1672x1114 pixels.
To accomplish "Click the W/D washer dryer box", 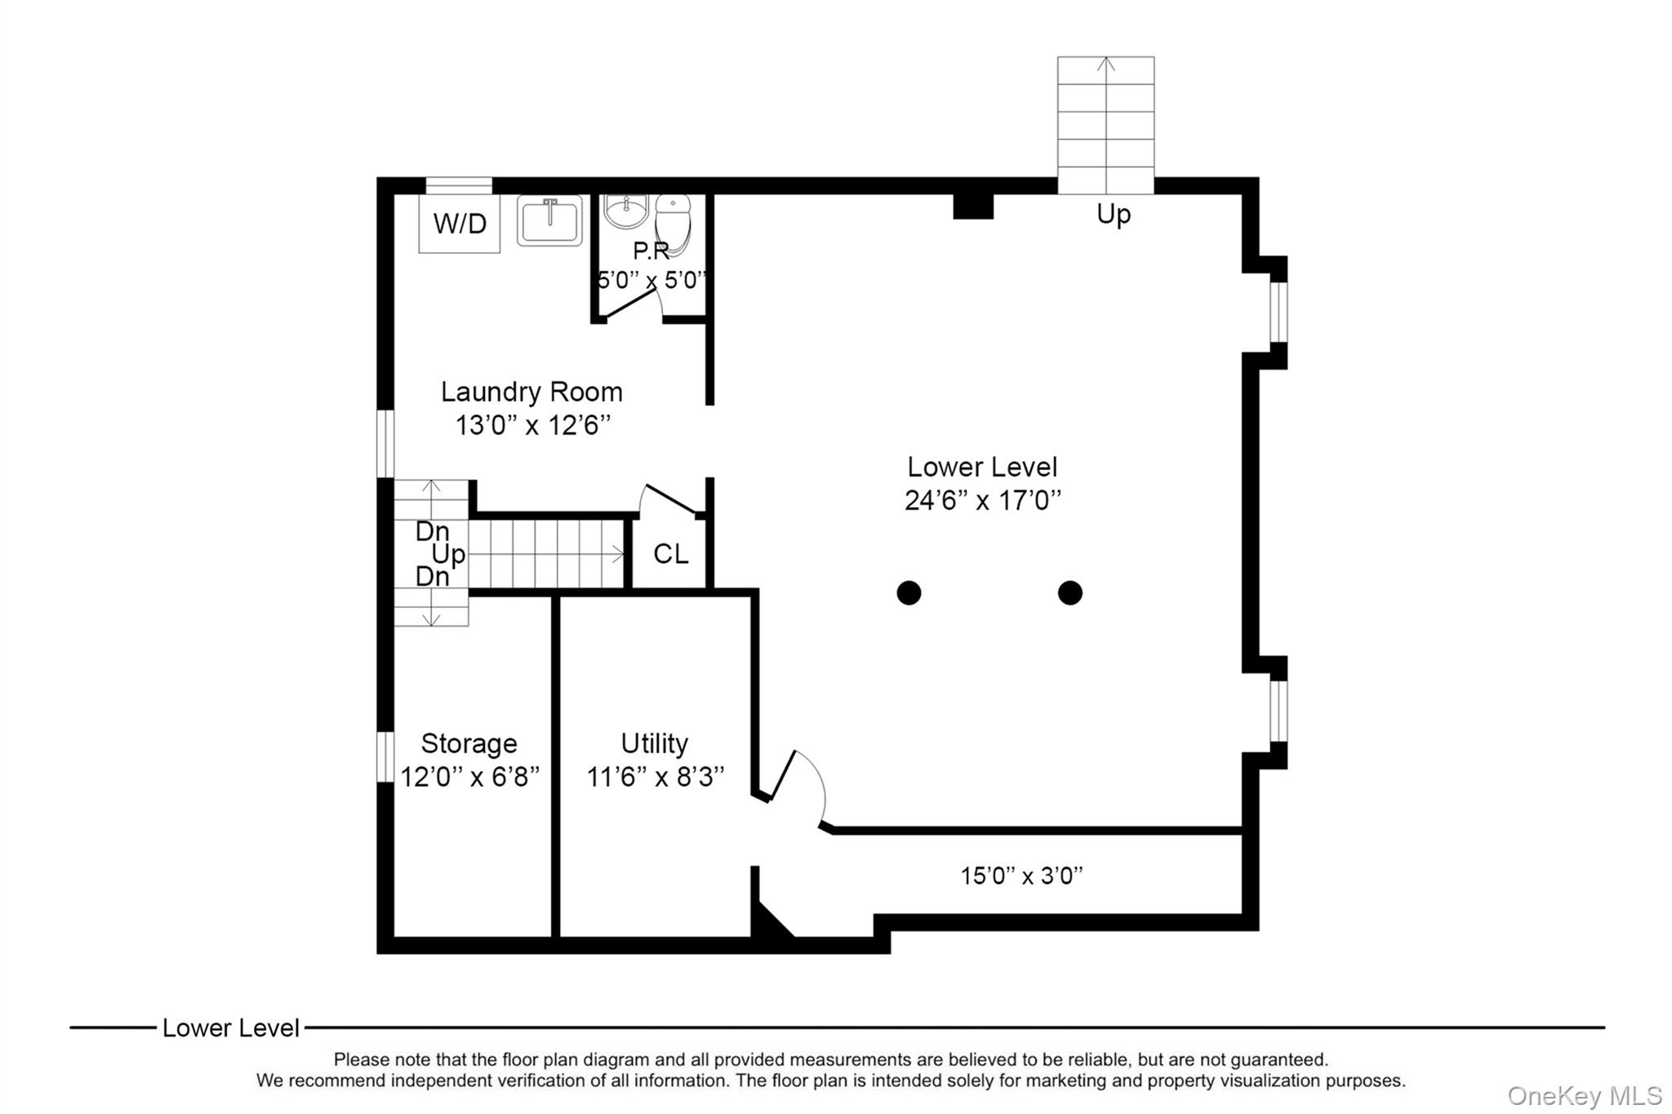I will click(x=460, y=223).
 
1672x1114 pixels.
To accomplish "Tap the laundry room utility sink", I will click(x=549, y=220).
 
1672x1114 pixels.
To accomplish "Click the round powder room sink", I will click(x=625, y=210).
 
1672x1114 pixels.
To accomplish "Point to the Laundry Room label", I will click(x=531, y=392).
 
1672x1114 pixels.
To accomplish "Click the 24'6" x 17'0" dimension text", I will click(x=982, y=500).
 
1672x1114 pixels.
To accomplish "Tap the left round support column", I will click(x=909, y=593).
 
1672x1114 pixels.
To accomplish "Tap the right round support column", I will click(x=1069, y=593).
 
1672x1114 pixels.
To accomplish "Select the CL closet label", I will click(x=670, y=554).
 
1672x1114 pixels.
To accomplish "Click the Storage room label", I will click(x=469, y=743).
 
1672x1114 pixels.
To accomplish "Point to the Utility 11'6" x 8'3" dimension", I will click(x=655, y=776).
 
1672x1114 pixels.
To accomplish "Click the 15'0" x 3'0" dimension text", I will click(x=1021, y=876).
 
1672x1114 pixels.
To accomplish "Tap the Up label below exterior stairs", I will click(x=1113, y=214).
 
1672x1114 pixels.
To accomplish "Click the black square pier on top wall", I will click(x=973, y=206).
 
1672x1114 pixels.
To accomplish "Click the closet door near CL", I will click(x=669, y=499).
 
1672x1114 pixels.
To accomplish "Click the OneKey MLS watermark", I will click(x=1584, y=1095).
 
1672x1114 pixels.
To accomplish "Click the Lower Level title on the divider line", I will click(x=230, y=1027).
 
